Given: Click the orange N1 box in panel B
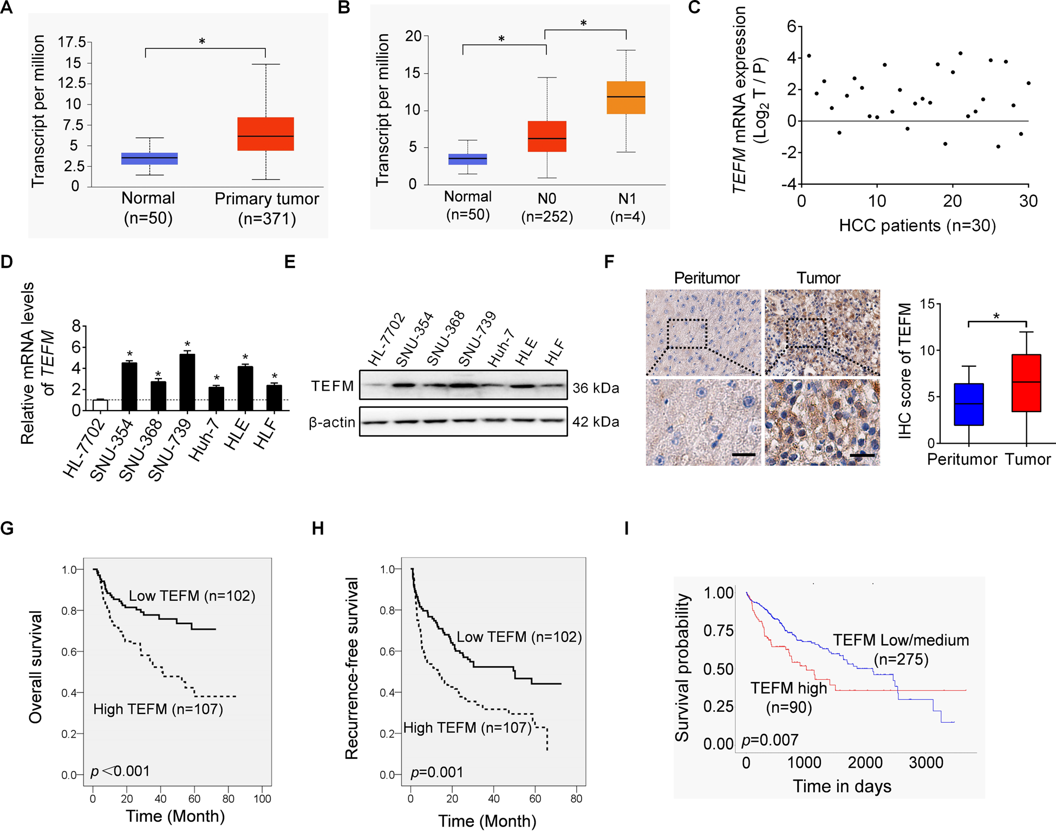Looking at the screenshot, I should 625,98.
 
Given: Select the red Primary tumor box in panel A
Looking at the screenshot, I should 265,134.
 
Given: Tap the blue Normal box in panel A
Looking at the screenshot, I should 149,158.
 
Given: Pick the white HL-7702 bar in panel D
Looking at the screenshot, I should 100,405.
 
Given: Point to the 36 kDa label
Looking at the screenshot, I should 596,388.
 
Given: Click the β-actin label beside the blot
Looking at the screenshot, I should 332,422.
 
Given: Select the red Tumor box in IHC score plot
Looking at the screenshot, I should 1026,383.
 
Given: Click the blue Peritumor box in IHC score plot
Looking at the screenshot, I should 968,404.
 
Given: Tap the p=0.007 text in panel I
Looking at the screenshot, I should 770,740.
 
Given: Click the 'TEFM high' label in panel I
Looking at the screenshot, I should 788,688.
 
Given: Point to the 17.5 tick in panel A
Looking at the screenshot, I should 72,42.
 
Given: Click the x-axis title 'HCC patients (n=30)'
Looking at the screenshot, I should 917,225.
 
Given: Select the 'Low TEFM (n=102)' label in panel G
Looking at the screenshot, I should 192,596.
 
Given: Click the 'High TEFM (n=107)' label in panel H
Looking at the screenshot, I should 467,728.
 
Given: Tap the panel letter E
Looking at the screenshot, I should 290,262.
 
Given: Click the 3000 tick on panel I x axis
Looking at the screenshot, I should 925,763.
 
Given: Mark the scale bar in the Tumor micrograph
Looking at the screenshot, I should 862,455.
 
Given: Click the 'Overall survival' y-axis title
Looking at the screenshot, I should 36,667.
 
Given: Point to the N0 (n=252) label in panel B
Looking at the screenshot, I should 546,207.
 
